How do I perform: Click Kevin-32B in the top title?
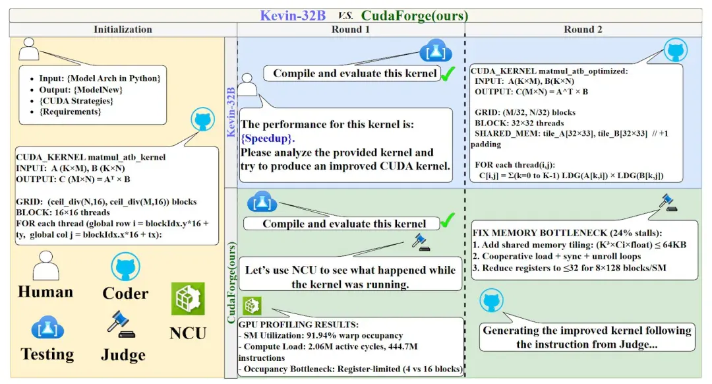click(x=293, y=15)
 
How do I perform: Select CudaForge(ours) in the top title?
click(x=415, y=15)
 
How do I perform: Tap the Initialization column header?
click(x=123, y=30)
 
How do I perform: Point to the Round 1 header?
click(x=351, y=30)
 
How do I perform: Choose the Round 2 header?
click(x=583, y=30)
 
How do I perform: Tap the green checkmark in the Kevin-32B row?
click(x=448, y=74)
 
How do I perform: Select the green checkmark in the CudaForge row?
click(x=447, y=220)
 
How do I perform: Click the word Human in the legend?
click(x=45, y=292)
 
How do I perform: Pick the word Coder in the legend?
click(x=125, y=294)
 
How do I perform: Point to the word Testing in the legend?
click(x=47, y=354)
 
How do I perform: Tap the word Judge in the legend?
click(x=123, y=354)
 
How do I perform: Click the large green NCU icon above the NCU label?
click(x=188, y=299)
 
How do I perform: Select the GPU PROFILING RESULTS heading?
click(x=299, y=325)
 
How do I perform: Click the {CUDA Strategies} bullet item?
click(x=76, y=101)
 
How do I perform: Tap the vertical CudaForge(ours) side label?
click(x=231, y=282)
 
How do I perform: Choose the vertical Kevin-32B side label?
click(x=231, y=112)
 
